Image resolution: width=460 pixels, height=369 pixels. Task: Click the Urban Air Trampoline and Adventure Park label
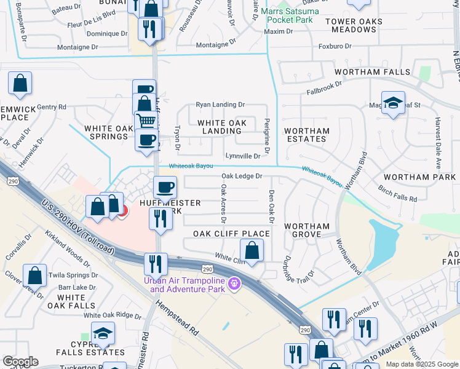pyautogui.click(x=184, y=285)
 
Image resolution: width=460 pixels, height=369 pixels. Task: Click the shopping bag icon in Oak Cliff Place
pyautogui.click(x=252, y=250)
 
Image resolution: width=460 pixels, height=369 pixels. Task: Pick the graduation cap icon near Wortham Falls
pyautogui.click(x=392, y=102)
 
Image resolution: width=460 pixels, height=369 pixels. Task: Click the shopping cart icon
pyautogui.click(x=146, y=121)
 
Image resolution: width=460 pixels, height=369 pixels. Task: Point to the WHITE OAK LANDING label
pyautogui.click(x=222, y=127)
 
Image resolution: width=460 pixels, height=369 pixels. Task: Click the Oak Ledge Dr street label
pyautogui.click(x=242, y=177)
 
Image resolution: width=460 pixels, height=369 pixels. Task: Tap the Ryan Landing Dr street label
pyautogui.click(x=220, y=105)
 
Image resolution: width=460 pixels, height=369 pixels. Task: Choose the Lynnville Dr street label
pyautogui.click(x=243, y=156)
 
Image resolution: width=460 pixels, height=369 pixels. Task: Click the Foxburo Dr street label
pyautogui.click(x=335, y=46)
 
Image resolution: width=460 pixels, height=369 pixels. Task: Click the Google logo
pyautogui.click(x=20, y=362)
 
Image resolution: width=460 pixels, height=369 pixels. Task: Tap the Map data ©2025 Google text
pyautogui.click(x=422, y=364)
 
